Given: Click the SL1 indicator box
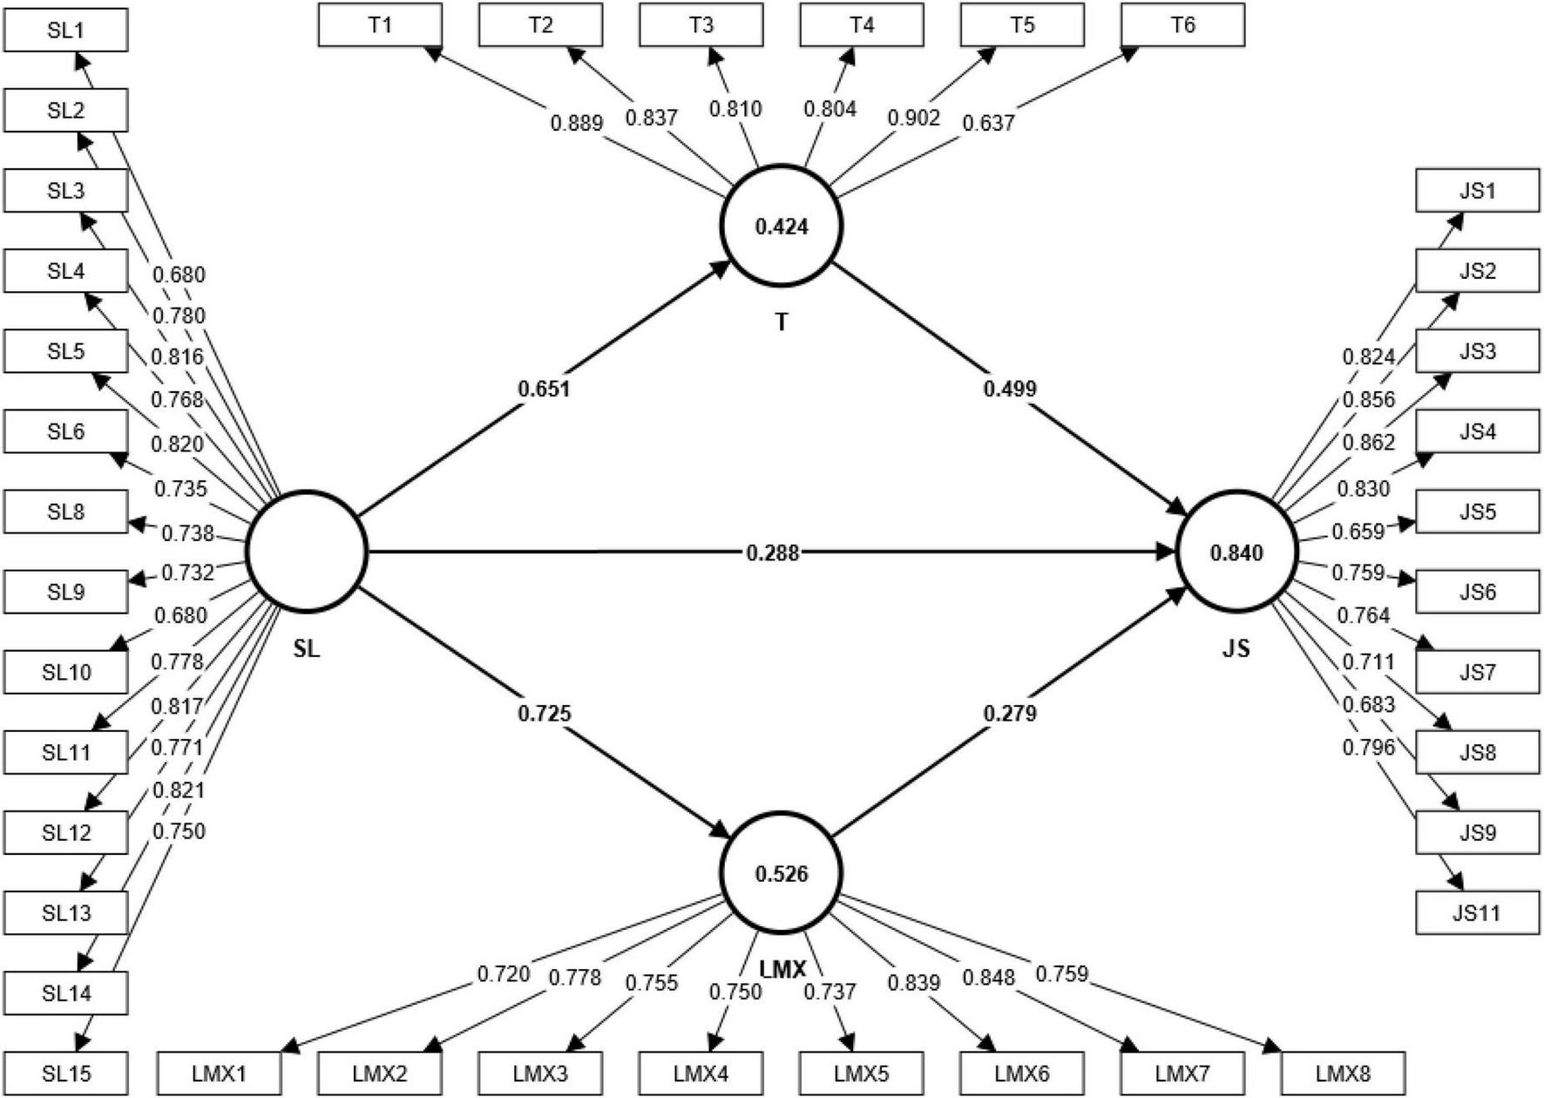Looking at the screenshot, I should [x=65, y=30].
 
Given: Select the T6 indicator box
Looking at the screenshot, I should [x=1182, y=25].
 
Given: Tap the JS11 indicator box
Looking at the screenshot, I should [x=1477, y=913].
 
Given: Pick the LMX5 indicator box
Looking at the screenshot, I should [x=861, y=1074].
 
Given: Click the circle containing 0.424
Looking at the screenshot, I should [x=782, y=226].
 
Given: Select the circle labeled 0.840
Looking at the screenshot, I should [x=1236, y=552].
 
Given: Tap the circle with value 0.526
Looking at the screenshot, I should [x=782, y=873].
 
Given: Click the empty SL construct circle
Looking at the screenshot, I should [x=307, y=552].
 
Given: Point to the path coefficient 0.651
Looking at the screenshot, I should [x=544, y=389].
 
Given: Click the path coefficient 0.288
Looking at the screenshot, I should [x=772, y=552].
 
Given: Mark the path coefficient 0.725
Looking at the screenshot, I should [x=544, y=714].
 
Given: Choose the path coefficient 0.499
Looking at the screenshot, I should [x=1010, y=389].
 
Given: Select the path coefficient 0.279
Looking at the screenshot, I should [x=1010, y=714].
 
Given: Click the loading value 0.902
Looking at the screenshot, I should [x=913, y=118].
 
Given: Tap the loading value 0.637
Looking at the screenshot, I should [x=988, y=123].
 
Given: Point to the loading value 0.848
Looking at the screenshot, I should [x=988, y=978].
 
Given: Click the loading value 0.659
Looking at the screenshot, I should [x=1357, y=531].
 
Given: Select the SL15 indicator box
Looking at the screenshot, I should [x=65, y=1074].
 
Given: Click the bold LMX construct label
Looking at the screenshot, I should [x=782, y=969].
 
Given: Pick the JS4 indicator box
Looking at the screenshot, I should [x=1477, y=431].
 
